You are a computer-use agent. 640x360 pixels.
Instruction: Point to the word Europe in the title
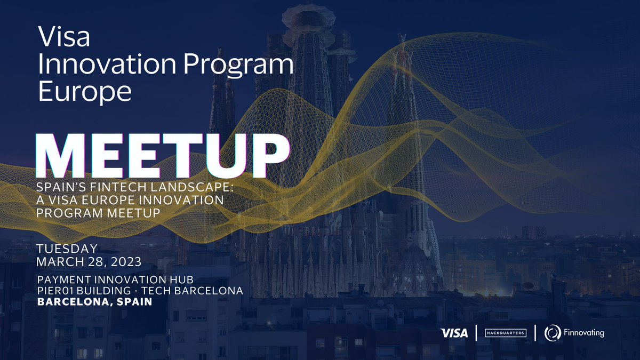[85, 92]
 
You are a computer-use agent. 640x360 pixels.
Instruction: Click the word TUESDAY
[67, 249]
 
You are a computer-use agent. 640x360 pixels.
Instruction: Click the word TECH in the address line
[157, 291]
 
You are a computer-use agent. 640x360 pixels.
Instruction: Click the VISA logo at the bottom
[454, 333]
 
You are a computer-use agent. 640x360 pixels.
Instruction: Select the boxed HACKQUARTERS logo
[505, 333]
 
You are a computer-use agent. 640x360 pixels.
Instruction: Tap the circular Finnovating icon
[551, 333]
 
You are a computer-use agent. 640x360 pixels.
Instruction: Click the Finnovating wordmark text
[583, 333]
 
